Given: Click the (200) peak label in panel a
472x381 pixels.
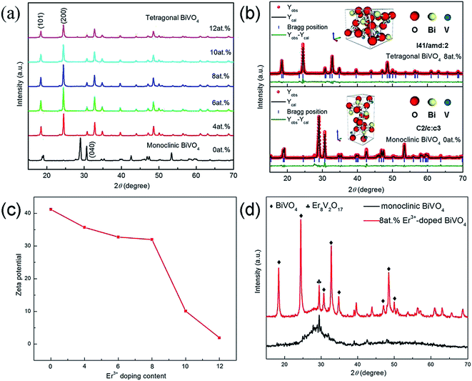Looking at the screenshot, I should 64,11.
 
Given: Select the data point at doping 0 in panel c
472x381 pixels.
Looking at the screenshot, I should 51,209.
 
